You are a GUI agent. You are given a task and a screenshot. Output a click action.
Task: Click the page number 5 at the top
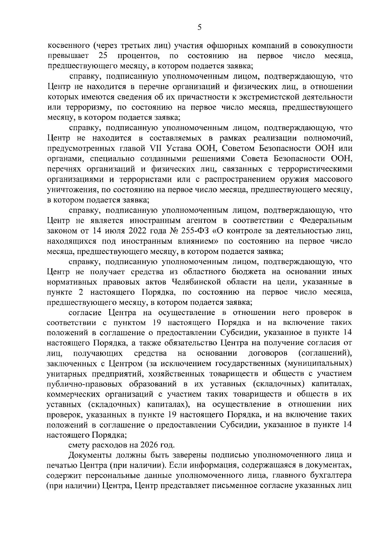pyautogui.click(x=199, y=27)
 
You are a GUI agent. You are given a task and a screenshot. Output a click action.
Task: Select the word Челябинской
pyautogui.click(x=196, y=282)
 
